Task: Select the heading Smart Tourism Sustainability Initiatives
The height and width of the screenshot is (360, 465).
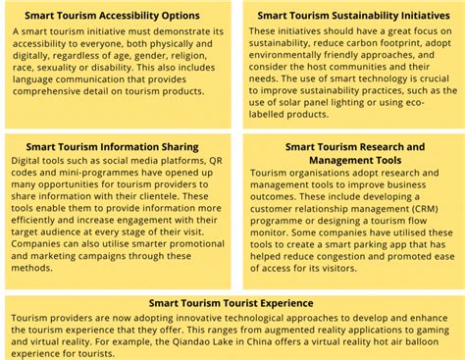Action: pos(347,17)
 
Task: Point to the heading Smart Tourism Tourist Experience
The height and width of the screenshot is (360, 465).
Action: pos(232,303)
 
